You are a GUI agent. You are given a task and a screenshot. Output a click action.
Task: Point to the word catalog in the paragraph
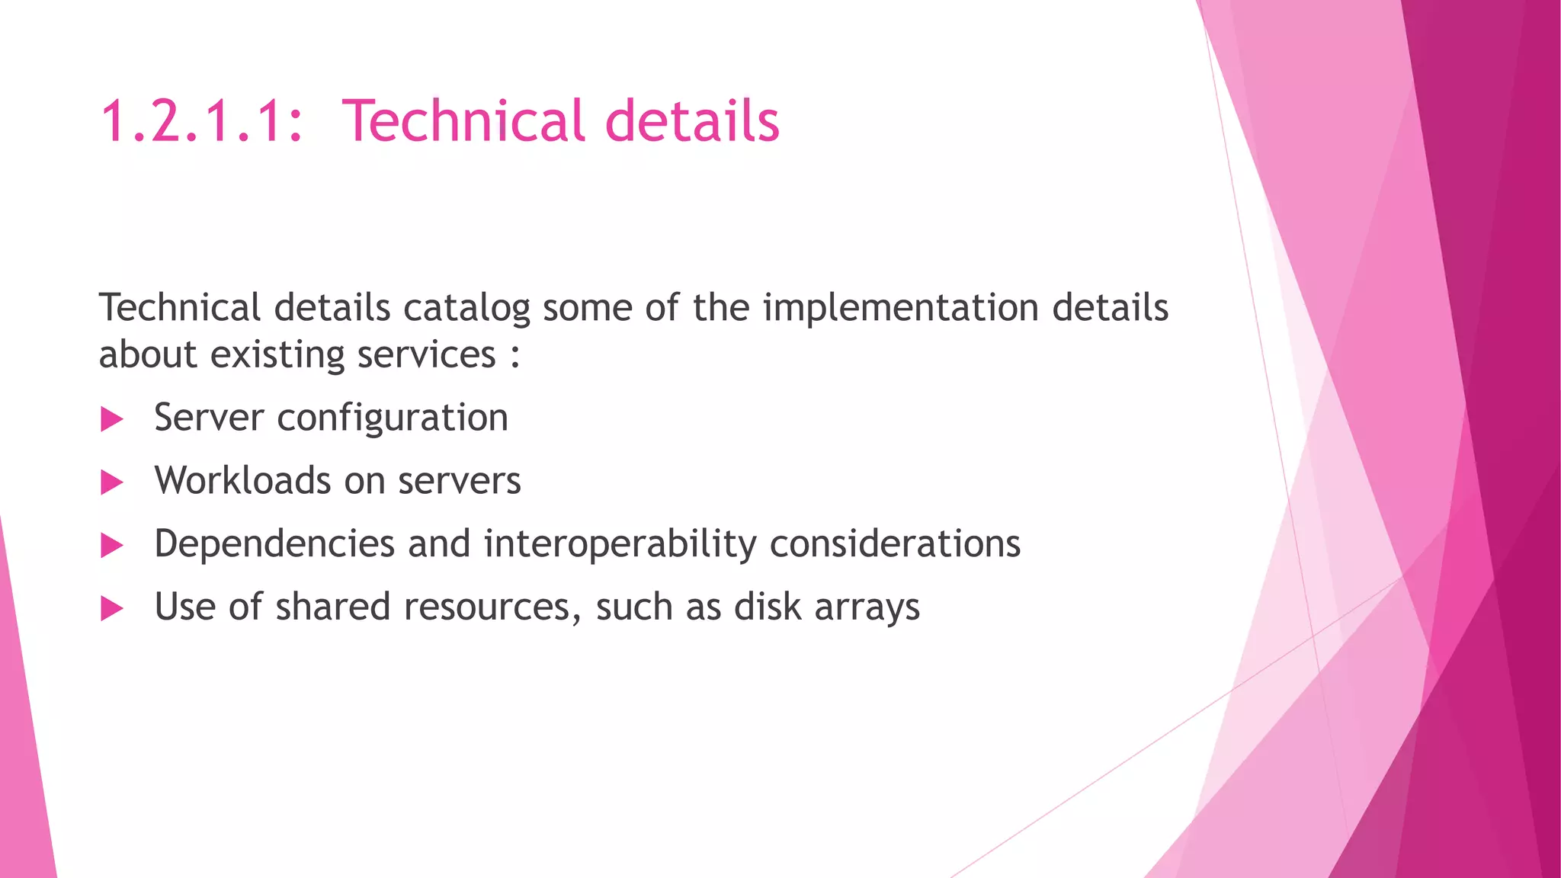pyautogui.click(x=466, y=309)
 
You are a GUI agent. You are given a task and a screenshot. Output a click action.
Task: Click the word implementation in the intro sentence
pyautogui.click(x=901, y=309)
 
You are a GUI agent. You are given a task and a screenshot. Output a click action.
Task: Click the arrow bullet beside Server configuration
pyautogui.click(x=112, y=419)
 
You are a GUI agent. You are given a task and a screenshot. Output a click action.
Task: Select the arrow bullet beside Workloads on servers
pyautogui.click(x=112, y=482)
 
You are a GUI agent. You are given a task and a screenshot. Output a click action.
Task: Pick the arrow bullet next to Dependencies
pyautogui.click(x=112, y=546)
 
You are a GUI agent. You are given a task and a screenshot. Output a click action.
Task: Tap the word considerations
pyautogui.click(x=895, y=544)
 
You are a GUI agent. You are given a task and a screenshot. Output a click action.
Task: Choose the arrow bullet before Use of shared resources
pyautogui.click(x=112, y=609)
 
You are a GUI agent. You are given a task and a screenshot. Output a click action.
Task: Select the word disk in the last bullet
pyautogui.click(x=768, y=607)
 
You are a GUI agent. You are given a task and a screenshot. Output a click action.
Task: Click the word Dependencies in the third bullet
pyautogui.click(x=274, y=545)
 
